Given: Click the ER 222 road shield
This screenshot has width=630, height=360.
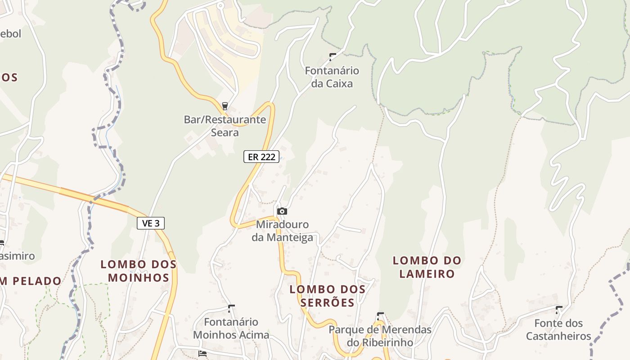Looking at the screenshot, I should click(261, 157).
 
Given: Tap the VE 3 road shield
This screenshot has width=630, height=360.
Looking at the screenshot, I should click(151, 223).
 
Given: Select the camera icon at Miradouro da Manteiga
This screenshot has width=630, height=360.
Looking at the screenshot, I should click(282, 211).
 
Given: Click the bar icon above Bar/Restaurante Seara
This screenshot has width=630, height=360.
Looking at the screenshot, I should click(225, 106).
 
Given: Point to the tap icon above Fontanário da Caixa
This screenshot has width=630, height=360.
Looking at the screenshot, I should click(333, 57).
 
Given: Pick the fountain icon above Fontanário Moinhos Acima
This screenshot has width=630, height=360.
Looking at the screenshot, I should click(231, 309).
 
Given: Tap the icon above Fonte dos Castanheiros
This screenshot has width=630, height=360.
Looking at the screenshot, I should click(559, 310).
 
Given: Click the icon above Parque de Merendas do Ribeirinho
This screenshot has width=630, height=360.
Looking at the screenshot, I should click(380, 316).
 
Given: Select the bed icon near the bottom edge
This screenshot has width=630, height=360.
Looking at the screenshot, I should click(202, 353).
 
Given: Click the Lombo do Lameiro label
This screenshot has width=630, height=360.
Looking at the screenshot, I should click(427, 267).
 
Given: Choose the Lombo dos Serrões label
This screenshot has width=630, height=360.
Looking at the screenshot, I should click(327, 296).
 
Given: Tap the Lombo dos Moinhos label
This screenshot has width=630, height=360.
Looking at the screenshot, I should click(139, 270).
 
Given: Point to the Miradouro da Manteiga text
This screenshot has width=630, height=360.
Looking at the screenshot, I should click(282, 231).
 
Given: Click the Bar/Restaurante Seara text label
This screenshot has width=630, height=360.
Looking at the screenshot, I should click(225, 126).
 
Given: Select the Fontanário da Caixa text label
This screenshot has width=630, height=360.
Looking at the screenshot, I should click(332, 77).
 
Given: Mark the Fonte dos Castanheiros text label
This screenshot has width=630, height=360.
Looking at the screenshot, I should click(558, 329).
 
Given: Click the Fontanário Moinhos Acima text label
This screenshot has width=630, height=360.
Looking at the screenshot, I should click(231, 328).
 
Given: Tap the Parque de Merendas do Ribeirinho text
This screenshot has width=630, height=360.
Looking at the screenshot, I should click(380, 336).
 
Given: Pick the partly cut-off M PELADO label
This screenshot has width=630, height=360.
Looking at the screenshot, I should click(31, 281).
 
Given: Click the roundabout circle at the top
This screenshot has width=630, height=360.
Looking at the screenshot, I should click(220, 6).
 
